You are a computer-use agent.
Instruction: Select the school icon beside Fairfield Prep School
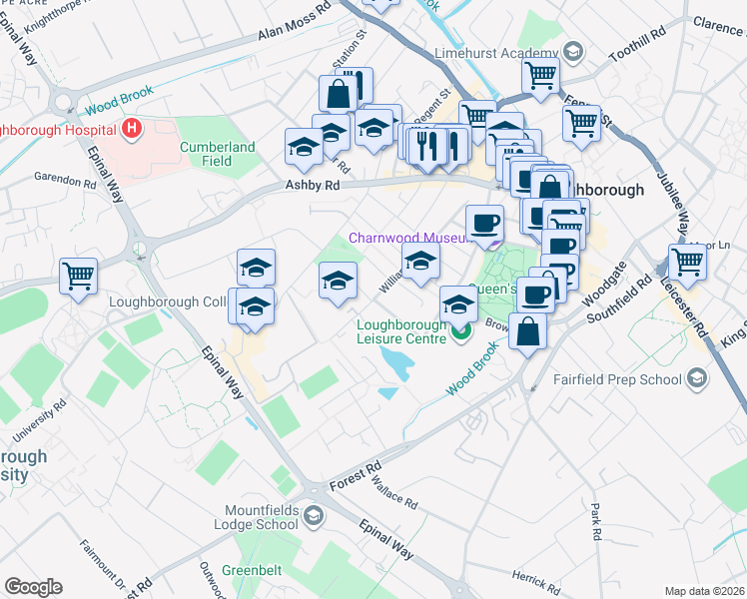pyautogui.click(x=696, y=379)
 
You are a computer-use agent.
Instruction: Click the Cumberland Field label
pyautogui.click(x=218, y=154)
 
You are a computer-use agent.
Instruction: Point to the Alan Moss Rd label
pyautogui.click(x=294, y=27)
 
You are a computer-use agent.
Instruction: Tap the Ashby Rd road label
pyautogui.click(x=313, y=185)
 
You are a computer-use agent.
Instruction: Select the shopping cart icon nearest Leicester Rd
pyautogui.click(x=688, y=262)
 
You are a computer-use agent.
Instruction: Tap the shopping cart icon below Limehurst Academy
pyautogui.click(x=539, y=75)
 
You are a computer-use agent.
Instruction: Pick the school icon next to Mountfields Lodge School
pyautogui.click(x=314, y=515)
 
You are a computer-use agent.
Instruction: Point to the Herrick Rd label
pyautogui.click(x=536, y=580)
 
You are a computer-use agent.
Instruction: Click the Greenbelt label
pyautogui.click(x=252, y=570)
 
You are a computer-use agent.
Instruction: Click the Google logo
pyautogui.click(x=33, y=587)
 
